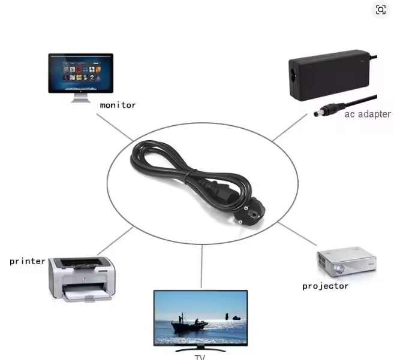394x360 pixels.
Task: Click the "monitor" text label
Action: (x=118, y=105)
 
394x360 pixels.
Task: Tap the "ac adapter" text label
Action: (x=367, y=114)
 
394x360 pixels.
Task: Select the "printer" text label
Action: (x=27, y=261)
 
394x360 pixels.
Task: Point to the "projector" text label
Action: (x=325, y=286)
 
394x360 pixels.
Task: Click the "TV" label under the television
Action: (x=200, y=357)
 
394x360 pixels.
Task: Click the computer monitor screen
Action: (x=80, y=73)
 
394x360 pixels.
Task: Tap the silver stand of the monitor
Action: (x=81, y=98)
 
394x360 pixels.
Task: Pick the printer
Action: (x=82, y=277)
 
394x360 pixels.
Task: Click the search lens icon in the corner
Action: (x=381, y=10)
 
